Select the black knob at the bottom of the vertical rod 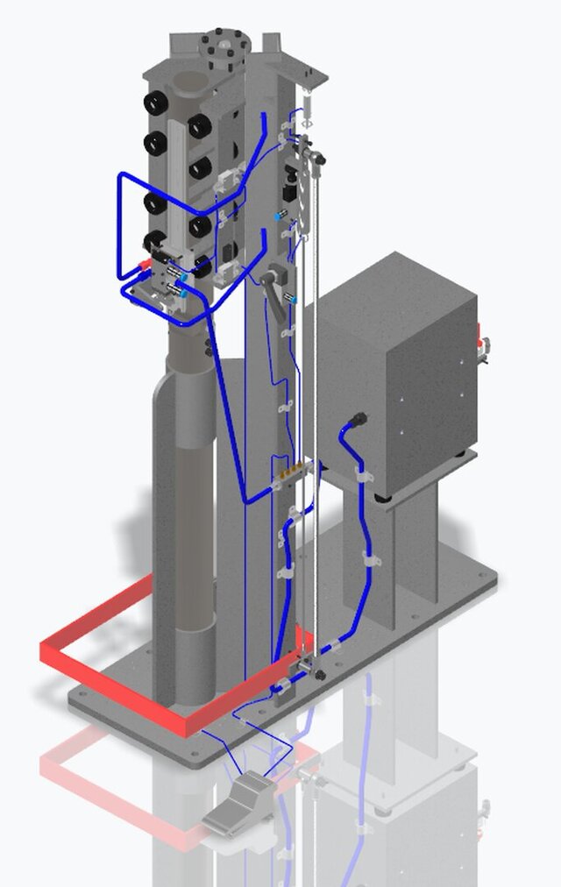coord(317,674)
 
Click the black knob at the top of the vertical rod coord(318,160)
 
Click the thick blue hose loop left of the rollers coord(123,228)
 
